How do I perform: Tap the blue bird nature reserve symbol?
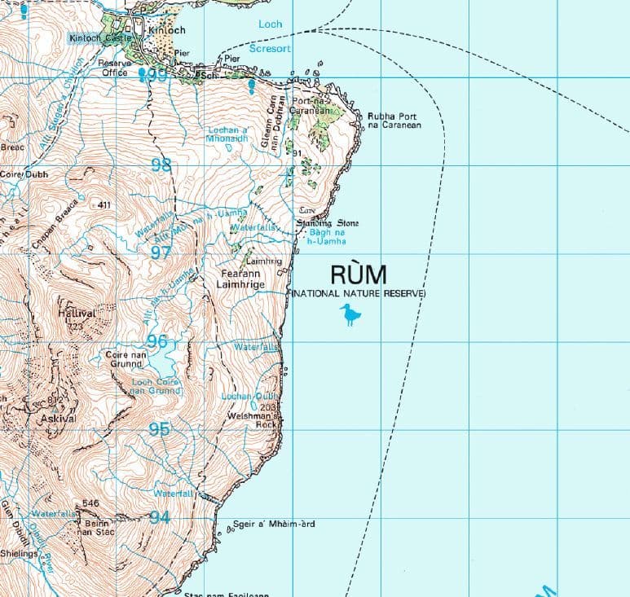click(350, 314)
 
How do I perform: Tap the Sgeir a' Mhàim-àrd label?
click(273, 524)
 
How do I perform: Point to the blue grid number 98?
click(161, 166)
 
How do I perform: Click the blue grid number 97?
click(161, 252)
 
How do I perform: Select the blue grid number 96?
click(156, 341)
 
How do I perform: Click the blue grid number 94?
click(159, 517)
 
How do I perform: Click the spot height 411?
click(103, 204)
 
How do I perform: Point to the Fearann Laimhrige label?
click(242, 279)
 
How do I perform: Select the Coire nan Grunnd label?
click(126, 359)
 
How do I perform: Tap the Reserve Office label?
click(114, 68)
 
